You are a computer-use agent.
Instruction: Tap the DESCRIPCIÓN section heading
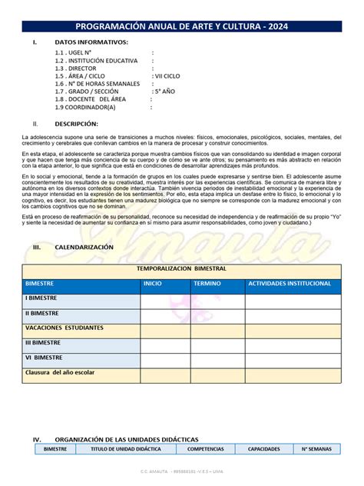[x=77, y=123]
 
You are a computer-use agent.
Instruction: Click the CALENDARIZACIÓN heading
[x=84, y=248]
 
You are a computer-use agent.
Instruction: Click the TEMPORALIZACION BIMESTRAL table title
[x=181, y=269]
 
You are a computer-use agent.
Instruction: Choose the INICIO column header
[x=153, y=284]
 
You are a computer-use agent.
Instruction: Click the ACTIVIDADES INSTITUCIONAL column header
[x=290, y=284]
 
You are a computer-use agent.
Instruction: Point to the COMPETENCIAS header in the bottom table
[x=206, y=448]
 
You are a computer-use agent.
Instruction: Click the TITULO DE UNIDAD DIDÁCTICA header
[x=126, y=448]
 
